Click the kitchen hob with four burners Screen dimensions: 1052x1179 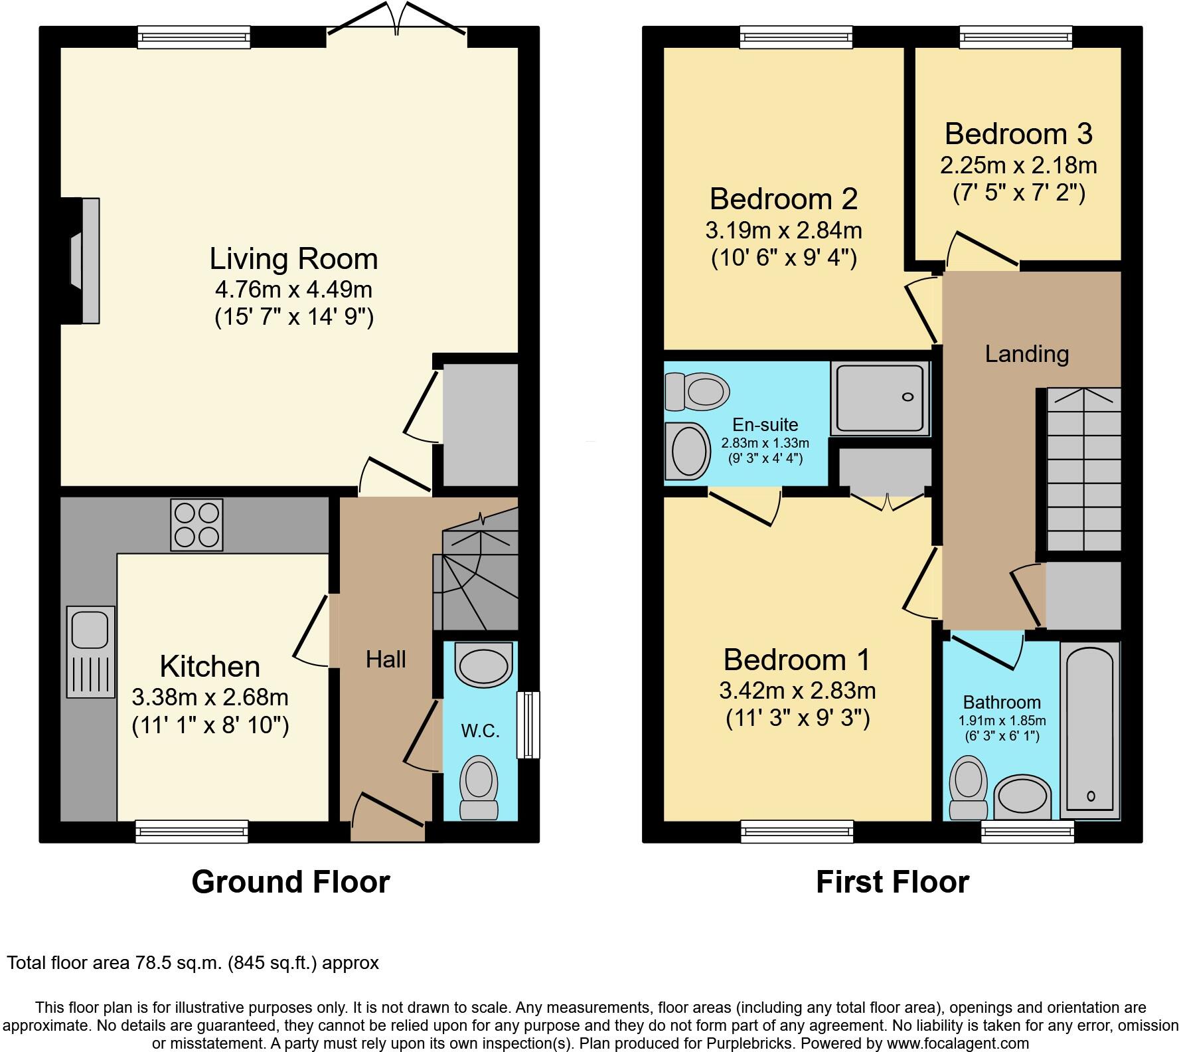coord(196,525)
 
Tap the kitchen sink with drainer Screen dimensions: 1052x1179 coord(90,652)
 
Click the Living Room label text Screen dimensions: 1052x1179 coord(293,259)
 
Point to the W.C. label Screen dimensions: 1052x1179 coord(480,731)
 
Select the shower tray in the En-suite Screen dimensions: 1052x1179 coord(880,399)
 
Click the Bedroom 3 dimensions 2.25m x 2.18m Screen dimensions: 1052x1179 coord(1018,165)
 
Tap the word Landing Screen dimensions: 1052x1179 coord(1026,354)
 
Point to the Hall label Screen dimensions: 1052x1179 coord(386,659)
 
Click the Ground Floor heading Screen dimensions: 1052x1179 coord(290,882)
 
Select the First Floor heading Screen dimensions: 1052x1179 coord(892,882)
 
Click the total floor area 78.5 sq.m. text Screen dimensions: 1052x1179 coord(193,963)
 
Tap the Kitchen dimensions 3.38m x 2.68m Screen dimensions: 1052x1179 coord(210,697)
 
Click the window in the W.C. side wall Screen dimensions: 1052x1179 coord(528,725)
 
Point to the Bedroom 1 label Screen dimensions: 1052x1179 coord(797,660)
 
